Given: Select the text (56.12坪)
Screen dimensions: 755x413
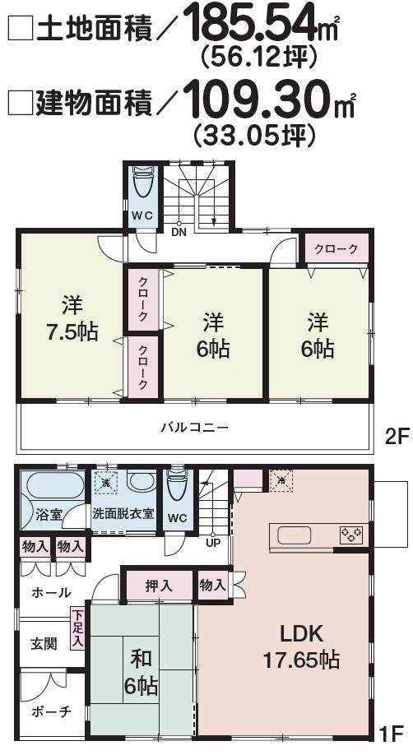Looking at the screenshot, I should coord(258,58).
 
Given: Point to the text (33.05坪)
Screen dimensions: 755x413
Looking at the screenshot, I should coord(254,134).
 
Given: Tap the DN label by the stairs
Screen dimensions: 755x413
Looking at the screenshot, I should coord(179,231).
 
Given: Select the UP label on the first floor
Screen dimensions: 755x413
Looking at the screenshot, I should coord(212,544).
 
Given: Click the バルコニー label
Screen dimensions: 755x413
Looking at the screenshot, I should coord(194,428).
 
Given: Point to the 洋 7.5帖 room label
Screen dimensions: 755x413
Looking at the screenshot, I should coord(72,319).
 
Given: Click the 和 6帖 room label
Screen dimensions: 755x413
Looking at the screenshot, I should coord(141,672).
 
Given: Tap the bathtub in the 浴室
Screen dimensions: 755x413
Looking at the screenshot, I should coord(53,488).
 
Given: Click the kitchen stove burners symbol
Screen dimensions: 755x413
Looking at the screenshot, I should coord(351,535).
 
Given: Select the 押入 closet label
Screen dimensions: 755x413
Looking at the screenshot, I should coord(158,586).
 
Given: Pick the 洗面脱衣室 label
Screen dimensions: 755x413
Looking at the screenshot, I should coord(123,513).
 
